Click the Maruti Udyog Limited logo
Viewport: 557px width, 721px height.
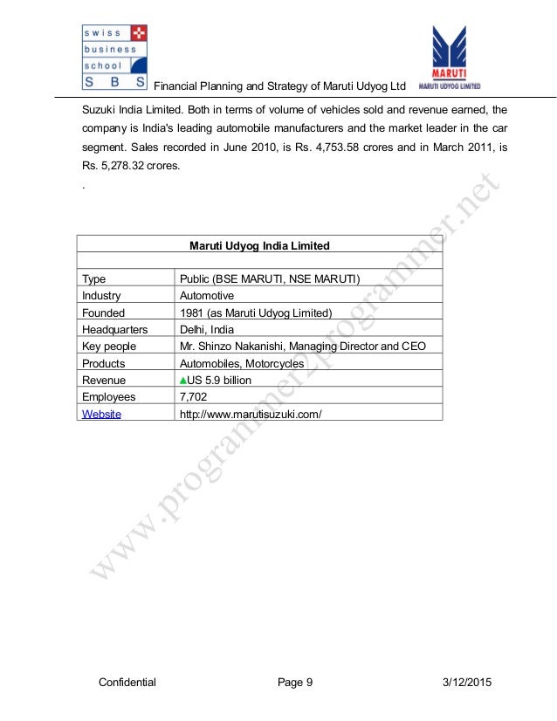450,58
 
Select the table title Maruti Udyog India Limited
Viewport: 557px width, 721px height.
259,246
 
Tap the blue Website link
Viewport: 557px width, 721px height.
101,414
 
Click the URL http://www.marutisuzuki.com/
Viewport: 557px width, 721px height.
251,414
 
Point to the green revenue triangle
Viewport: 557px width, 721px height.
183,381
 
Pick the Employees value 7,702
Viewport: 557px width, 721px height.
194,397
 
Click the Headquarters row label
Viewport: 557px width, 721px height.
114,330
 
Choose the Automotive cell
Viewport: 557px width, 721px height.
206,296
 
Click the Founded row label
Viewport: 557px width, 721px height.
103,312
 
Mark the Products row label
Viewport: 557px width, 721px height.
103,363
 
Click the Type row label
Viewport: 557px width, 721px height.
93,279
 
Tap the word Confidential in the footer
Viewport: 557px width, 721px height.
127,683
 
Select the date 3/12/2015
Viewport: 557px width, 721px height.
464,683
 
